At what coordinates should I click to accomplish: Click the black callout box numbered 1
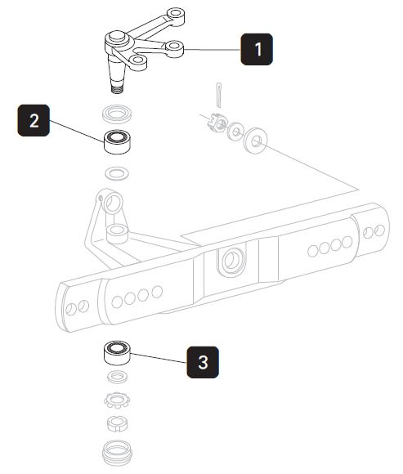click(x=257, y=49)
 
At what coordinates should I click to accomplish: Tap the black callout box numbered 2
click(x=34, y=120)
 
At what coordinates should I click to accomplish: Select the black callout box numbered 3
click(x=204, y=361)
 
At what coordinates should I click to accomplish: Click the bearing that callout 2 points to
click(x=118, y=141)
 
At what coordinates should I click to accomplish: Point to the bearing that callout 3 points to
click(x=118, y=353)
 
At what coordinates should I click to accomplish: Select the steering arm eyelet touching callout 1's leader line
click(x=174, y=48)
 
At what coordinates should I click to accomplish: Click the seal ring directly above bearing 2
click(x=118, y=112)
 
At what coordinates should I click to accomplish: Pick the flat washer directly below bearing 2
click(x=118, y=172)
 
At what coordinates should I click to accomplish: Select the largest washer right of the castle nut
click(x=257, y=141)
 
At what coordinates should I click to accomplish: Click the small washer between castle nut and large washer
click(x=236, y=131)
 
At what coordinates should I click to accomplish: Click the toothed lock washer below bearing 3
click(x=118, y=401)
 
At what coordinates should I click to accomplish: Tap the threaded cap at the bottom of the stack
click(x=118, y=453)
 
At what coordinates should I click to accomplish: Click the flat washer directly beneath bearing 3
click(x=118, y=377)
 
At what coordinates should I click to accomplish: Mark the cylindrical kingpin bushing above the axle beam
click(x=117, y=233)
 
